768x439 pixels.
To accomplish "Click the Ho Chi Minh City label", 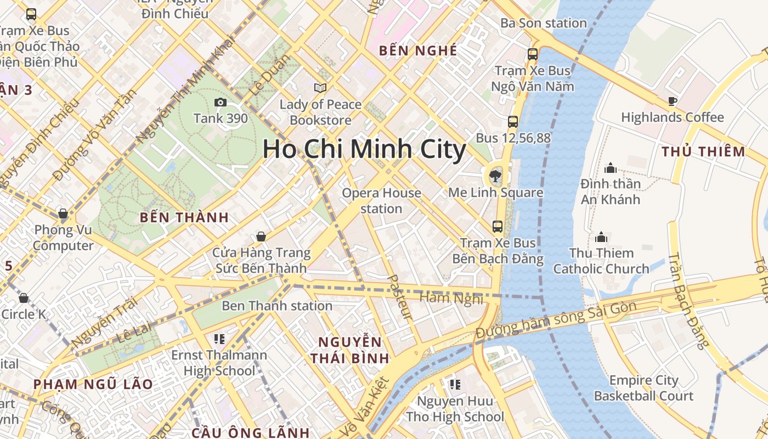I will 364,149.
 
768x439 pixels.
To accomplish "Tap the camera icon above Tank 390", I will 220,102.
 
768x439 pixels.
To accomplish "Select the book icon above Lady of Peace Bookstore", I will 320,88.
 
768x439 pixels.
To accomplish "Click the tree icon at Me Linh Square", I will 495,176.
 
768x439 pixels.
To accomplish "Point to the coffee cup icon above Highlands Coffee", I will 673,101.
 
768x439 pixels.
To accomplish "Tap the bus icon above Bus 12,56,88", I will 513,122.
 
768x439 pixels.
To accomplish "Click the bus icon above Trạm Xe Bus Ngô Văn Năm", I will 533,54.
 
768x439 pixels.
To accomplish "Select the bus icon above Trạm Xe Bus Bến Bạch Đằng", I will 498,226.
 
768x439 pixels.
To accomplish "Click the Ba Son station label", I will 544,23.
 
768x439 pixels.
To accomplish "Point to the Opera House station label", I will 381,201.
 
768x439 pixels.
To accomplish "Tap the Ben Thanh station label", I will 277,306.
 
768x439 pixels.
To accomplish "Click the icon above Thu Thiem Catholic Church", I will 601,237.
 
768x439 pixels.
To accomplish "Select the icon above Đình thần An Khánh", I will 610,168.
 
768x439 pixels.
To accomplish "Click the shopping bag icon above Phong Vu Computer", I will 63,213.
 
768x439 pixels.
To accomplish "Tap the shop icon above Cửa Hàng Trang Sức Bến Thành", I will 261,237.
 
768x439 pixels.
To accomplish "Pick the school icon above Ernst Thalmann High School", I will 219,339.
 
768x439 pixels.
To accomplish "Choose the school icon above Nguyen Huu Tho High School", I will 455,385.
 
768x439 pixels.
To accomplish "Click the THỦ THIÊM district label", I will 703,151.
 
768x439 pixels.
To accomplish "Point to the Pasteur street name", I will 400,296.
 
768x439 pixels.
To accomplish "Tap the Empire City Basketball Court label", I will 643,388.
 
